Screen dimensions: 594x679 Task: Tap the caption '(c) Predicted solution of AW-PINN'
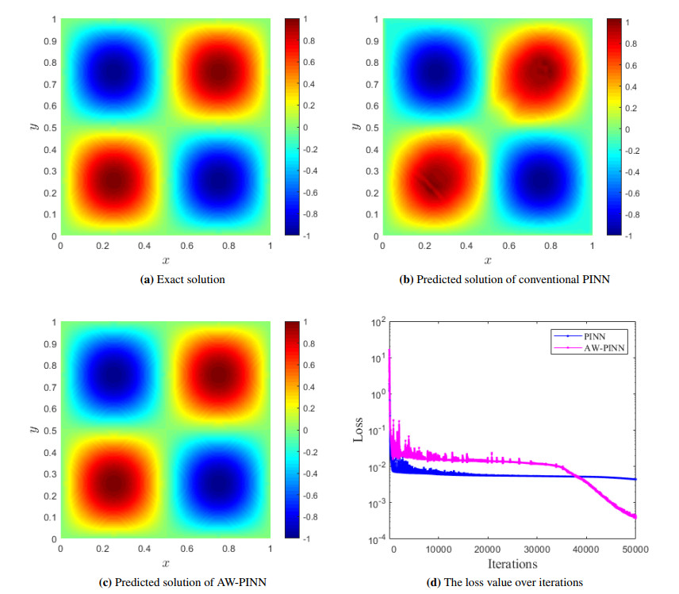pos(182,583)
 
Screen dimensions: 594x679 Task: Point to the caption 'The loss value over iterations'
pos(505,583)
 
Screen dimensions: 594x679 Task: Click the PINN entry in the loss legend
pos(594,335)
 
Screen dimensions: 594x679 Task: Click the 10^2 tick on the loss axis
pos(377,322)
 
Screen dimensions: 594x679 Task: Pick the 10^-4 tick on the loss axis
pos(375,539)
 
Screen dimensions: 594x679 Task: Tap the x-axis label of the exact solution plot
pos(166,260)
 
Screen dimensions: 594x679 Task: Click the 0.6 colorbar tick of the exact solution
pos(306,62)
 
